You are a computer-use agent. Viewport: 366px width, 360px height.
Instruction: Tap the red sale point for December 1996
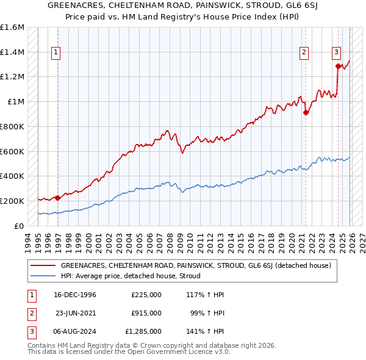point(57,198)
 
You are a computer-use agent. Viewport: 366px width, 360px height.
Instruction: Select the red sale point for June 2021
point(306,112)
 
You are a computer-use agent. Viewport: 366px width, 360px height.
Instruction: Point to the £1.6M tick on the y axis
point(12,27)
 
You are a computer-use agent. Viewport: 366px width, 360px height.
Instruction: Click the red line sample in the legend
point(43,265)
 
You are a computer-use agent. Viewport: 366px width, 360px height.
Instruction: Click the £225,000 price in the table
point(146,295)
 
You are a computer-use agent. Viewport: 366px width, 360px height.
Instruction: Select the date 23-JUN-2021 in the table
point(76,312)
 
